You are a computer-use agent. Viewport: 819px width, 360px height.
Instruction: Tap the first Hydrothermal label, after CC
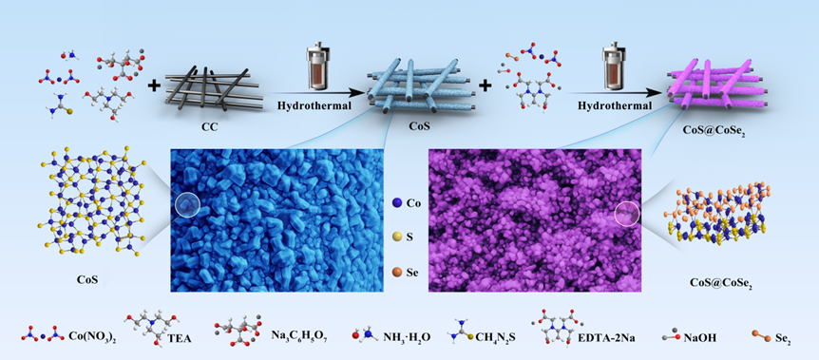313,106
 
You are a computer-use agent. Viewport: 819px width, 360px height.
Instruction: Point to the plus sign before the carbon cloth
153,85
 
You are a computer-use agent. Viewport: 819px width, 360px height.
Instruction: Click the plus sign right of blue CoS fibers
486,85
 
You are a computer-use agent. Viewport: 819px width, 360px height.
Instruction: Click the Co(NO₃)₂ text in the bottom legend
93,336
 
